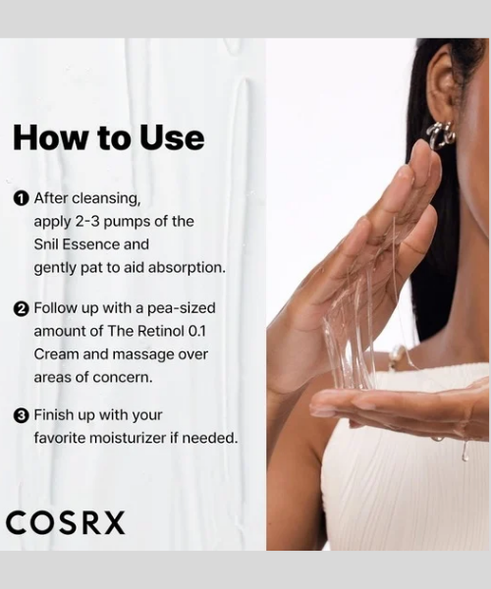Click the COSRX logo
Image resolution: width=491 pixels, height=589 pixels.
pos(66,522)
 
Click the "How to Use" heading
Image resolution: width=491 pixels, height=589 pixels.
pos(108,137)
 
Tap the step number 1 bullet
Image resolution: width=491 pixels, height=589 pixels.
pos(22,198)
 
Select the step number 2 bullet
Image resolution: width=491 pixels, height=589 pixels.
pos(22,308)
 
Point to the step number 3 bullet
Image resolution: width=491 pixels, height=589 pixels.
pos(22,415)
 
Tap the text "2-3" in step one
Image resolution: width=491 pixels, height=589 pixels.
pos(96,221)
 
